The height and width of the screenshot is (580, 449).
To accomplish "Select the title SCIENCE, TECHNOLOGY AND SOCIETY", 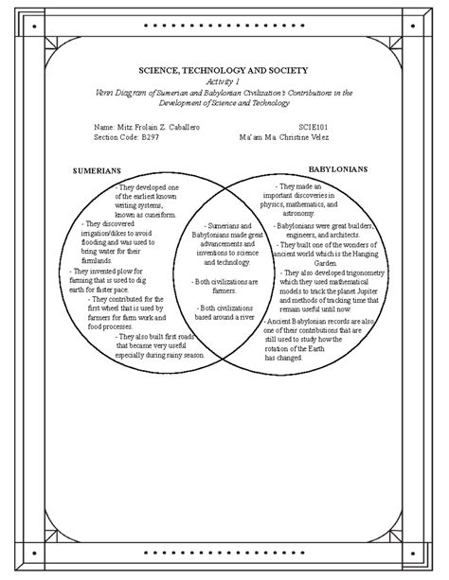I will pyautogui.click(x=224, y=71).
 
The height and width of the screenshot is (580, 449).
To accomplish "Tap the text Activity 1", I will pyautogui.click(x=224, y=82).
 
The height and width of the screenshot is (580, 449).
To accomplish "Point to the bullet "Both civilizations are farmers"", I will pyautogui.click(x=221, y=287).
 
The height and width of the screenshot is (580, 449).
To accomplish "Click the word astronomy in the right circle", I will pyautogui.click(x=299, y=214).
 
